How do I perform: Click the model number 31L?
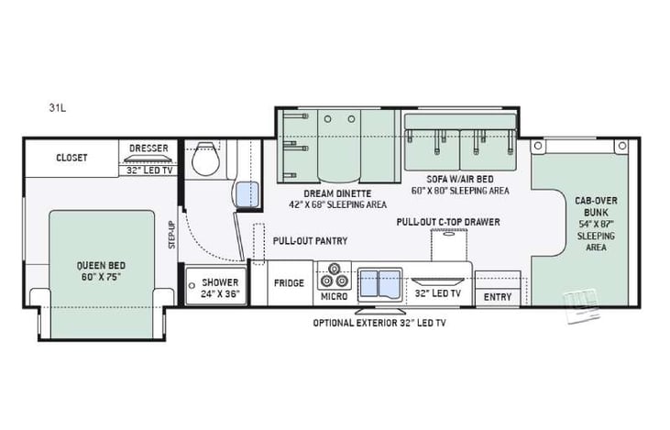57,107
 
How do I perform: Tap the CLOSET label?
71,158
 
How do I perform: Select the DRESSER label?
148,148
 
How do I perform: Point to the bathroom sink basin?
245,193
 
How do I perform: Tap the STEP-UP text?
170,236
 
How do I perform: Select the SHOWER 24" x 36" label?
220,288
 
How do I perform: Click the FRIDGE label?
289,283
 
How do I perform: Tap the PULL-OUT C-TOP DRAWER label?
449,222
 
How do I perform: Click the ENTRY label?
498,297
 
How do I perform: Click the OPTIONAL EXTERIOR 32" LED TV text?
380,323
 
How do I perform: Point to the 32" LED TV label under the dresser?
148,170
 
